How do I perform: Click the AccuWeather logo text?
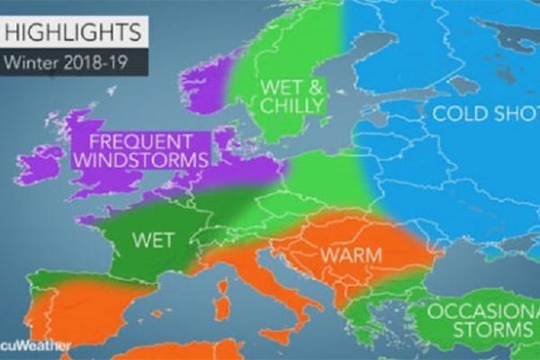(24, 346)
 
